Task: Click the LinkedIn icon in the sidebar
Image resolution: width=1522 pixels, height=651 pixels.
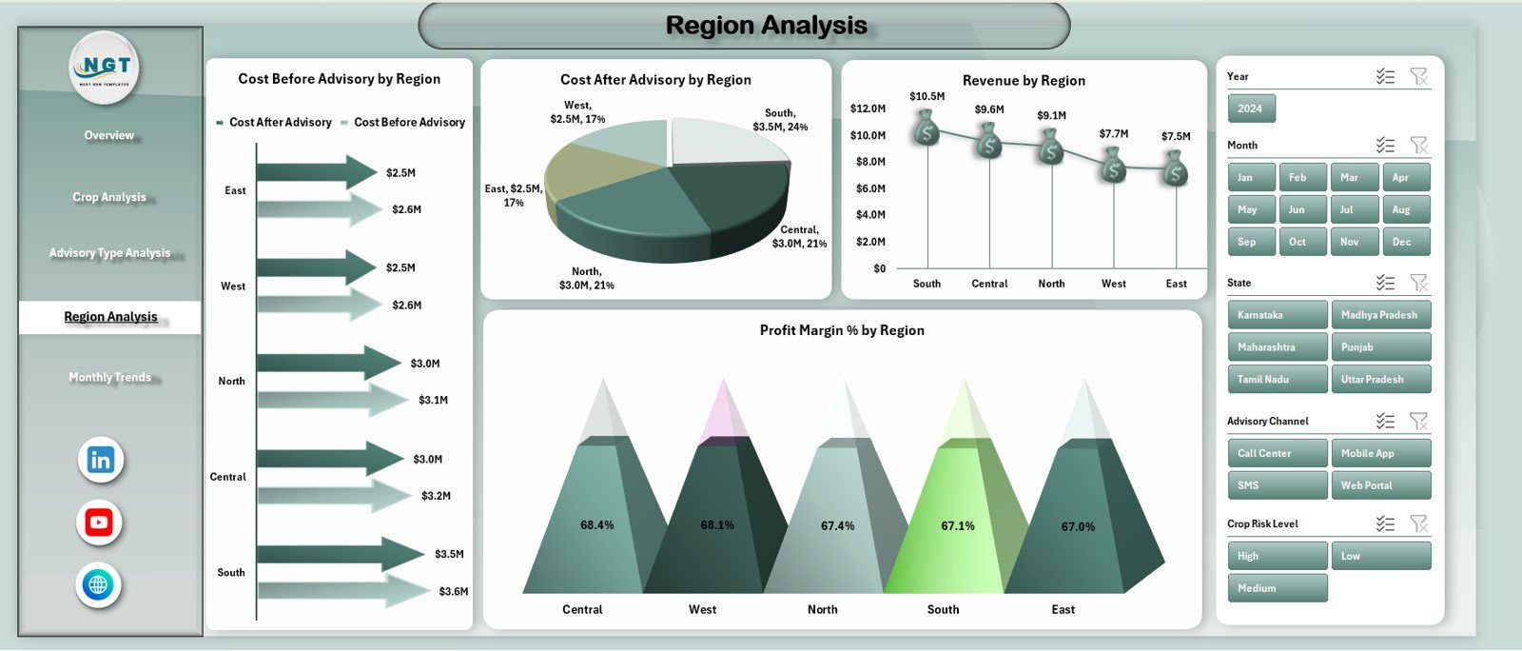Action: click(x=100, y=461)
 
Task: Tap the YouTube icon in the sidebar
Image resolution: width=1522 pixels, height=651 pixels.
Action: click(x=99, y=523)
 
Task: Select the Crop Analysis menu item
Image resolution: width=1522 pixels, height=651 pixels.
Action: click(x=109, y=197)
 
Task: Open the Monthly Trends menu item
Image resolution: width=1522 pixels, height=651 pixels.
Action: click(x=109, y=378)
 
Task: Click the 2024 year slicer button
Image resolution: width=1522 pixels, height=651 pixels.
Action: click(x=1250, y=108)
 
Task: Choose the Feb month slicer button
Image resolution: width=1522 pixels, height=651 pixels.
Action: click(x=1298, y=178)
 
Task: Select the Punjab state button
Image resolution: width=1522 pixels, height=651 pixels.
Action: click(x=1379, y=347)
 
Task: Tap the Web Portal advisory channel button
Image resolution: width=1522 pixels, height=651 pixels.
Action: click(x=1379, y=485)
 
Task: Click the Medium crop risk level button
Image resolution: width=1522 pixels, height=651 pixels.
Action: click(x=1276, y=588)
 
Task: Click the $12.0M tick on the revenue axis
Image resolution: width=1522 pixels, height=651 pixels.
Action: click(x=868, y=108)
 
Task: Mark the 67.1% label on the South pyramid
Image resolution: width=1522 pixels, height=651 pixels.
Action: click(x=958, y=526)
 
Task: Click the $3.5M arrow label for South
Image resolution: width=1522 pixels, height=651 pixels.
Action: click(x=449, y=554)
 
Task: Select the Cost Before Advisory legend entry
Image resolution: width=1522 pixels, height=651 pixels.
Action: click(x=409, y=123)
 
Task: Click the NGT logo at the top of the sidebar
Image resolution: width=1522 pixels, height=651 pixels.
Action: click(x=105, y=68)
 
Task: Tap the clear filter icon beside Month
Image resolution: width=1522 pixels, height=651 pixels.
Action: click(x=1418, y=146)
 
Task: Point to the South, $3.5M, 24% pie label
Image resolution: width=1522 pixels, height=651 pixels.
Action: click(x=780, y=120)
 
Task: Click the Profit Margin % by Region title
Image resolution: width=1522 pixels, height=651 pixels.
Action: click(x=842, y=330)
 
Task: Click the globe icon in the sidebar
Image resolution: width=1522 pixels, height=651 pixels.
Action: click(x=98, y=584)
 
